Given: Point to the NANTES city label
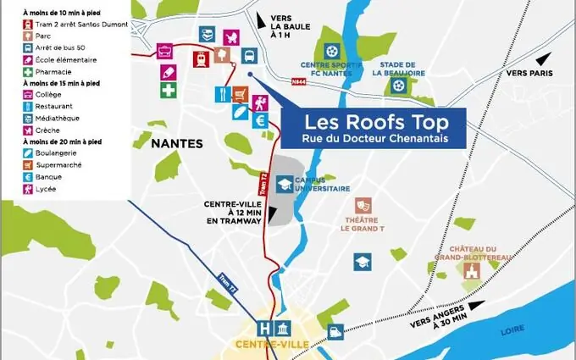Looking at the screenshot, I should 178,143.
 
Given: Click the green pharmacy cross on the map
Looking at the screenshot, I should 169,89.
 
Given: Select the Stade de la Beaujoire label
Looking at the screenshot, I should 398,69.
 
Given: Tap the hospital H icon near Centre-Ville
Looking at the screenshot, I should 267,328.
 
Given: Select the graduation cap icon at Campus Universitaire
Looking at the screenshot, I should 286,183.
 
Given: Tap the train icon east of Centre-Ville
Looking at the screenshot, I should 336,333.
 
